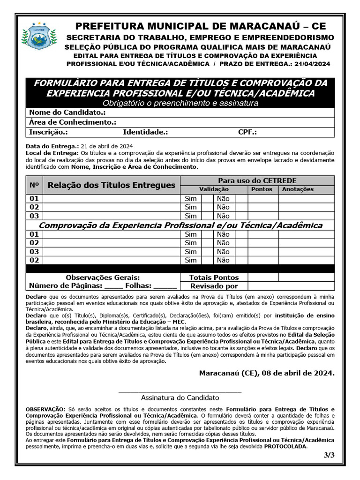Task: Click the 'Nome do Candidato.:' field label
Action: point(67,113)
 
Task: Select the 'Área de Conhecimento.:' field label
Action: point(73,122)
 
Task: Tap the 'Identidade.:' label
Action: point(145,132)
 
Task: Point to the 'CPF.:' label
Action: point(247,132)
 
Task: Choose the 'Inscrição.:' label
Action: point(48,132)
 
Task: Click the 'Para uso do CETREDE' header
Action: point(257,180)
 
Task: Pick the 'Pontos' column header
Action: point(262,189)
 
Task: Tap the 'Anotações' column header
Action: point(298,189)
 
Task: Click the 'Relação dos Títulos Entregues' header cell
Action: point(111,185)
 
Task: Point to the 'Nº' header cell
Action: point(34,185)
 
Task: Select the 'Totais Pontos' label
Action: point(214,277)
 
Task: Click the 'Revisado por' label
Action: point(214,286)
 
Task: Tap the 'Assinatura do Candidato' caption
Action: point(180,397)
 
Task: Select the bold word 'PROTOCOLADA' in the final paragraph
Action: point(285,446)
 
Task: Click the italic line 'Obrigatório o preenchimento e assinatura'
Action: point(180,103)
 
